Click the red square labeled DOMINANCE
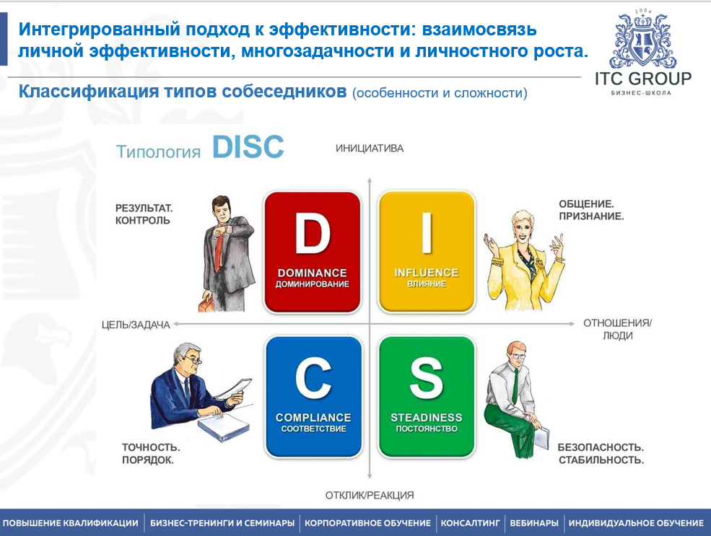(x=312, y=252)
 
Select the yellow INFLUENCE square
(x=426, y=252)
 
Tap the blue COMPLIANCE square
(x=313, y=396)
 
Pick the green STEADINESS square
(x=426, y=396)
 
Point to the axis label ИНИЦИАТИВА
(x=369, y=149)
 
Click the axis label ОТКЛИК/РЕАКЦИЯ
(x=369, y=495)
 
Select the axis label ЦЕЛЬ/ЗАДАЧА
(x=136, y=325)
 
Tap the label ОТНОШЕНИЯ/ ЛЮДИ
(x=617, y=329)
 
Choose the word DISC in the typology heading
(x=248, y=146)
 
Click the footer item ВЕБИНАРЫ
(x=534, y=523)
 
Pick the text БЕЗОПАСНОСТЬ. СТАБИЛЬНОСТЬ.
(x=601, y=453)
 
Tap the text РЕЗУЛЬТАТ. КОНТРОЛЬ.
(x=144, y=214)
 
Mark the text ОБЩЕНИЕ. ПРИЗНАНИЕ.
(x=591, y=209)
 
